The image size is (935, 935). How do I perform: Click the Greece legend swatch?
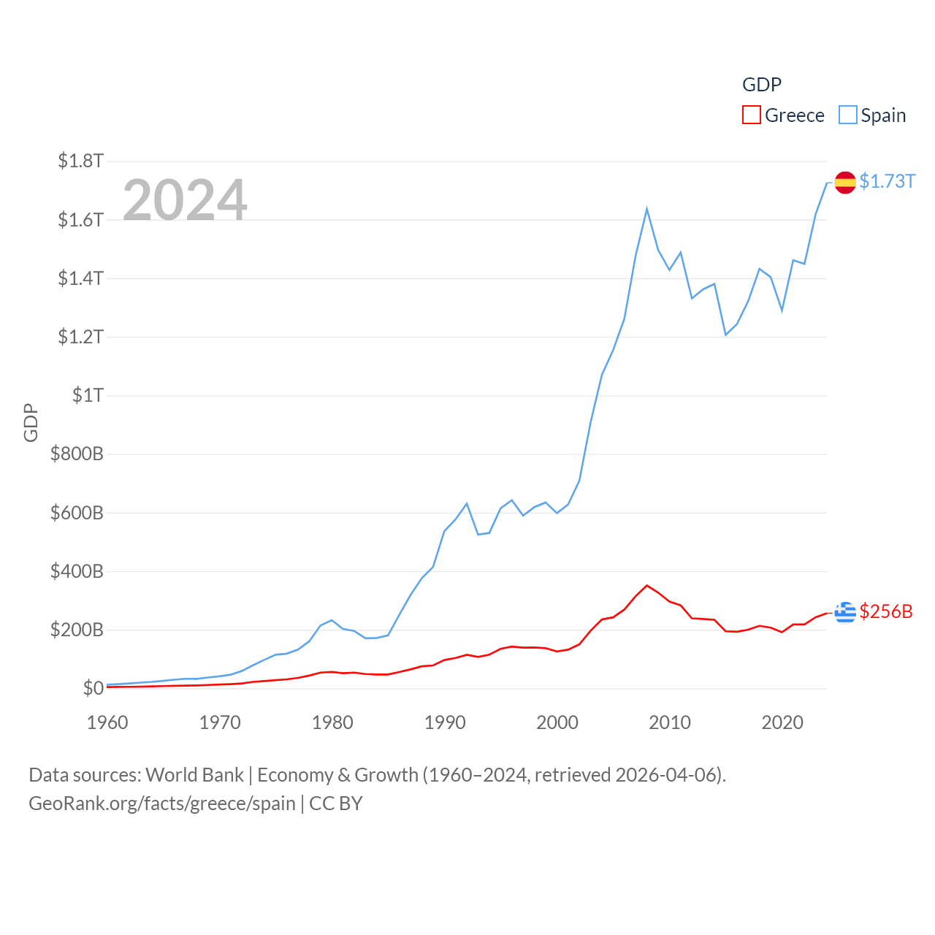(x=751, y=115)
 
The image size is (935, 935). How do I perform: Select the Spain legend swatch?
(x=847, y=115)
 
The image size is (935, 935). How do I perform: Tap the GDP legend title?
(x=762, y=85)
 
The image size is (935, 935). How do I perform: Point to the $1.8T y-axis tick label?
(x=80, y=161)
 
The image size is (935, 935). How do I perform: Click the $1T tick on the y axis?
(x=88, y=395)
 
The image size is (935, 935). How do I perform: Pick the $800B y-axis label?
(x=77, y=454)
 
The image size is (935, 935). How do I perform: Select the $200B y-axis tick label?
(x=77, y=630)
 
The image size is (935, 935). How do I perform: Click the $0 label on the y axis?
(x=93, y=688)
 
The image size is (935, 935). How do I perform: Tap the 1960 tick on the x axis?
(x=107, y=722)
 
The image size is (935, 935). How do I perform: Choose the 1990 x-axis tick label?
(x=445, y=722)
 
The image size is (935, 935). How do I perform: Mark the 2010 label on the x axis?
(x=670, y=722)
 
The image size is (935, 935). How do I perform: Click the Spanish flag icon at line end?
(x=845, y=183)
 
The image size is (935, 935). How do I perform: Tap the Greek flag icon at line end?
(x=845, y=613)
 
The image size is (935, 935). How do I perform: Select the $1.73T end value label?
(x=887, y=181)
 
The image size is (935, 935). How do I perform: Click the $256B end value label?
(x=886, y=611)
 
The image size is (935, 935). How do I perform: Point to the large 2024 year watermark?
(x=185, y=199)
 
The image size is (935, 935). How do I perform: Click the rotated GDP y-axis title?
(x=31, y=422)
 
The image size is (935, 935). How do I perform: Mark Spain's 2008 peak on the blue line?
(x=647, y=210)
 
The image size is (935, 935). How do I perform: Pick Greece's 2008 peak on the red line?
(x=647, y=585)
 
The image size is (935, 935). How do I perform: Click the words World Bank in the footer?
(x=194, y=775)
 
